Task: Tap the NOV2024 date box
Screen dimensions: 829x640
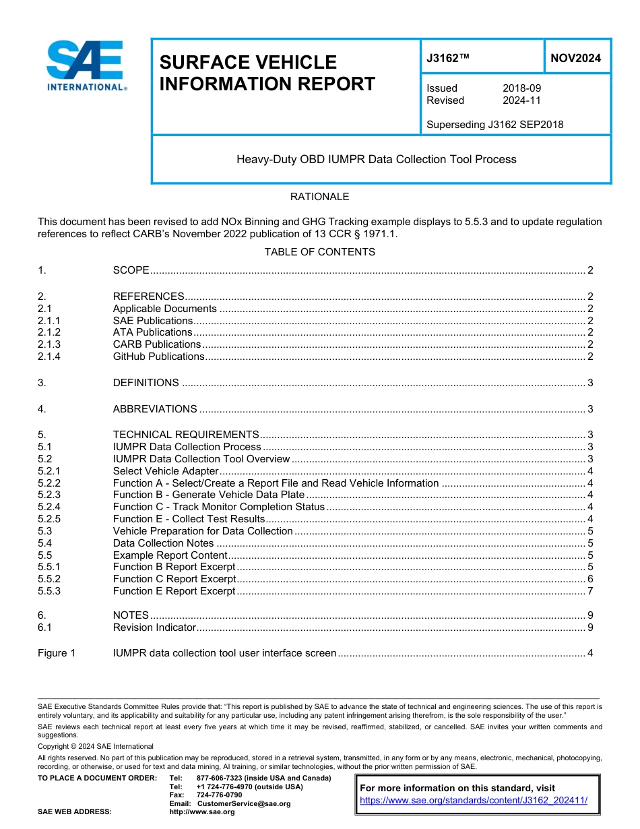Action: point(575,58)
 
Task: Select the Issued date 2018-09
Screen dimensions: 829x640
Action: point(521,88)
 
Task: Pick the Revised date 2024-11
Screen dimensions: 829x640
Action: point(521,100)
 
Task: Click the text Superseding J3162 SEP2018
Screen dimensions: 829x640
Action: point(494,125)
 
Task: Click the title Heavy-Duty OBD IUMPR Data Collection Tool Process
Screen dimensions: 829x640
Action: point(376,160)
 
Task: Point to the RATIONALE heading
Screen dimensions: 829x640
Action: point(319,197)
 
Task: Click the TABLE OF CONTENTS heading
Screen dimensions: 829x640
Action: point(319,252)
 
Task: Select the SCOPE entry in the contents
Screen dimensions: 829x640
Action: point(131,270)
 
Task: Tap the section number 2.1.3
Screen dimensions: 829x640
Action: point(49,344)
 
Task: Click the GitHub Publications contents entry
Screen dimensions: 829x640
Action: point(158,357)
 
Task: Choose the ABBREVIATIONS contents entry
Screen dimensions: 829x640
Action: point(155,409)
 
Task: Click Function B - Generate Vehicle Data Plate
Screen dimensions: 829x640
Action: point(208,495)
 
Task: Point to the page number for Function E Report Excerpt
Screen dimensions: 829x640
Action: point(590,591)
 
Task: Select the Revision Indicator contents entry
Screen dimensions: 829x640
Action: point(154,627)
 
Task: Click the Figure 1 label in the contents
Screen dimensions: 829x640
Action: point(57,653)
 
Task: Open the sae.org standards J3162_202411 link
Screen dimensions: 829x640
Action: point(474,801)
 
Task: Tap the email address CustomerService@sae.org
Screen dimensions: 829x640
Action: point(244,803)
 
